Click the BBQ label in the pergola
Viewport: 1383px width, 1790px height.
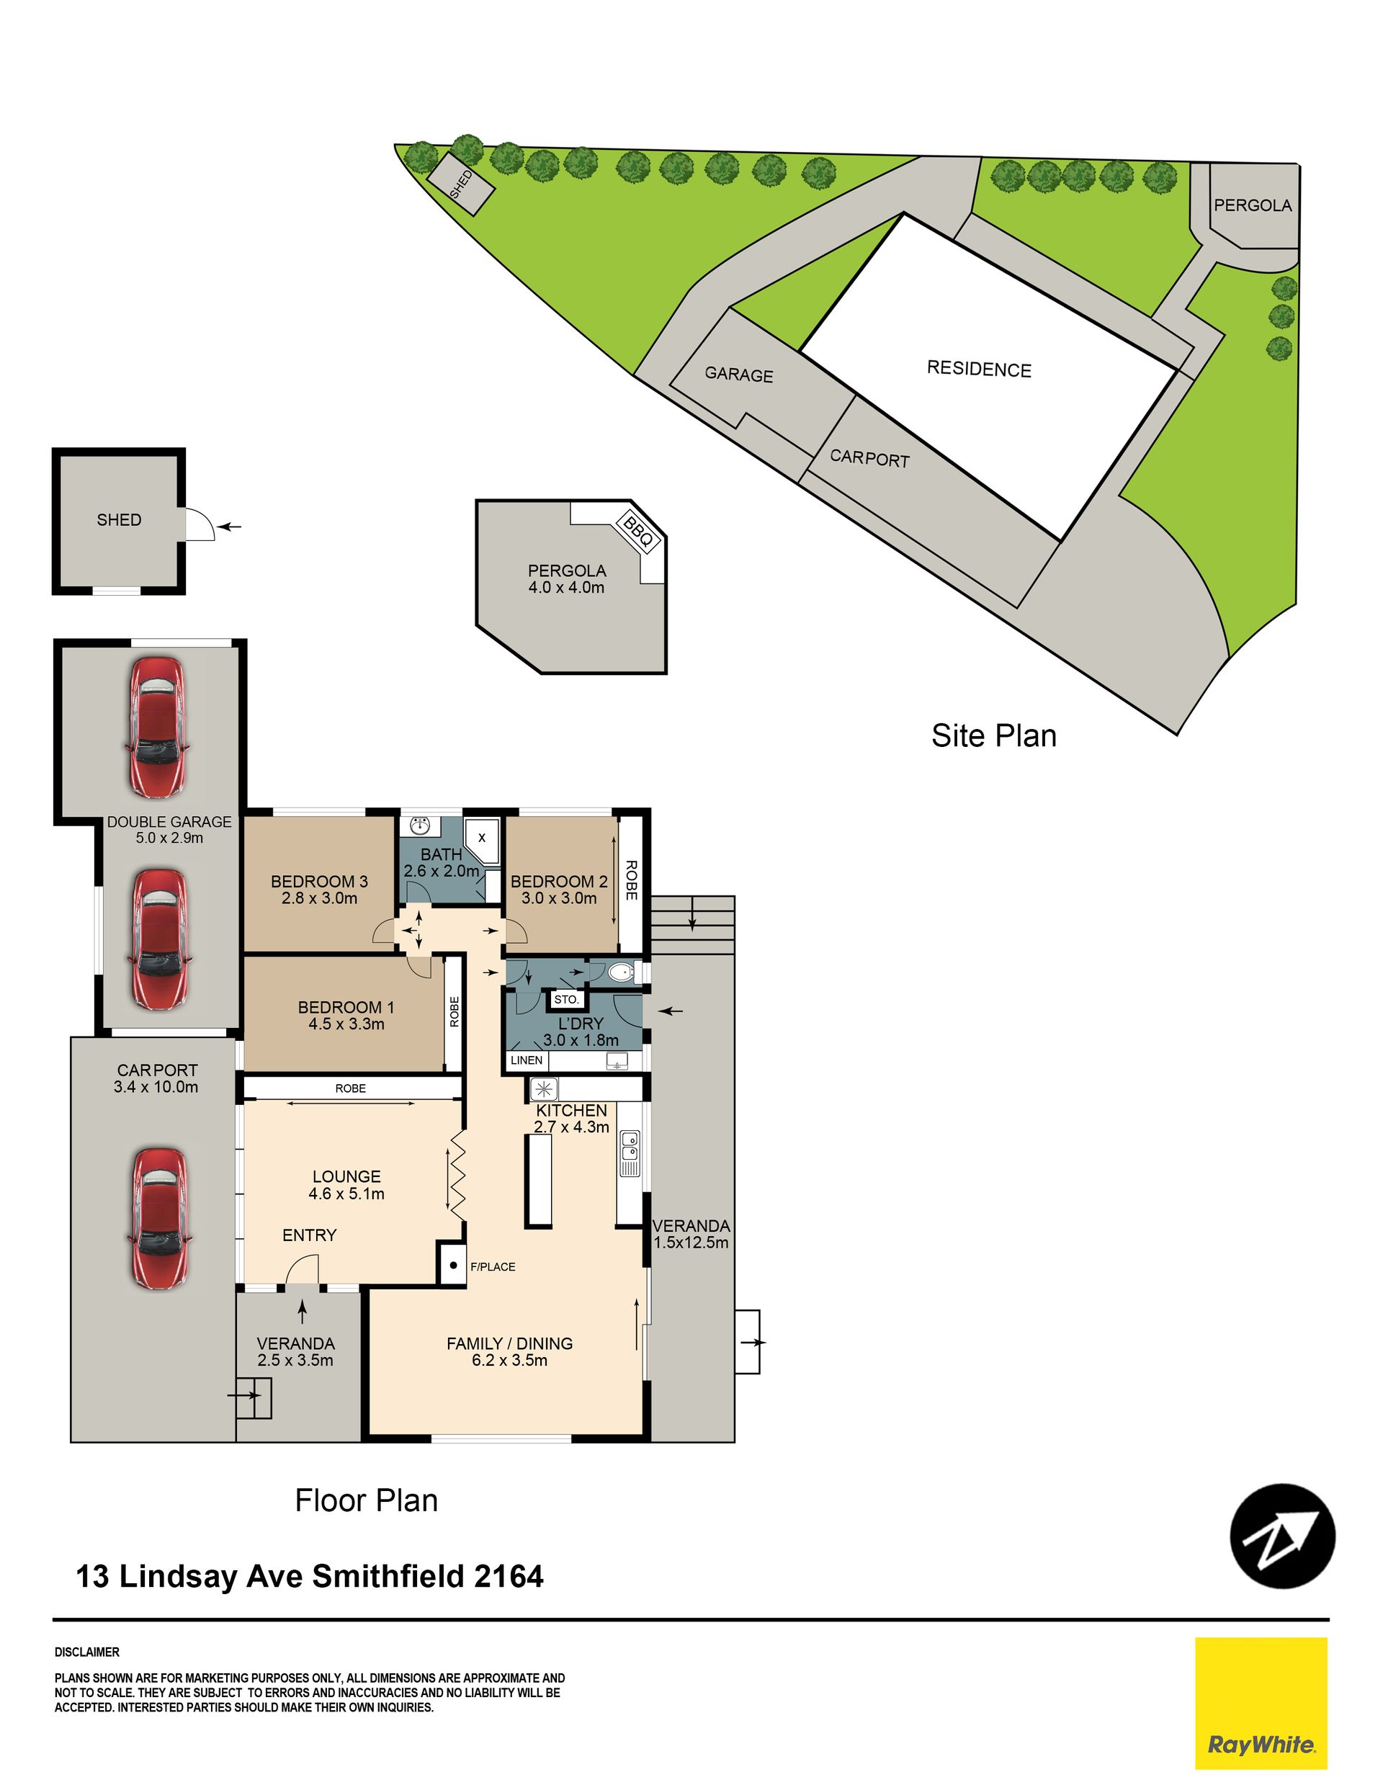[637, 530]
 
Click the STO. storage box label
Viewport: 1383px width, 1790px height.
[566, 999]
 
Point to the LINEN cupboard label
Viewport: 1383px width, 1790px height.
[527, 1060]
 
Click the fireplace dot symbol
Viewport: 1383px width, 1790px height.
[452, 1265]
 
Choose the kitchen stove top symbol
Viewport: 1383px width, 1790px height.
[545, 1089]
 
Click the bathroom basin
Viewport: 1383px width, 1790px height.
[421, 824]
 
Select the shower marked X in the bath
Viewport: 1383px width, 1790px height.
[481, 838]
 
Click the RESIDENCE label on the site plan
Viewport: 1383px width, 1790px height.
[979, 369]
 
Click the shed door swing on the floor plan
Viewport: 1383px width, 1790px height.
[200, 524]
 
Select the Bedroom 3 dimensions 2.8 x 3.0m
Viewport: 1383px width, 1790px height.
[319, 898]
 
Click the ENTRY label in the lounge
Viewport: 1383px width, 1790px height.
[309, 1235]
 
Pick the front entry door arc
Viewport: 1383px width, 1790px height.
[302, 1271]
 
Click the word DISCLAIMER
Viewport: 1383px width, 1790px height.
[87, 1652]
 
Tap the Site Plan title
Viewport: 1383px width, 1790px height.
[993, 735]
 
